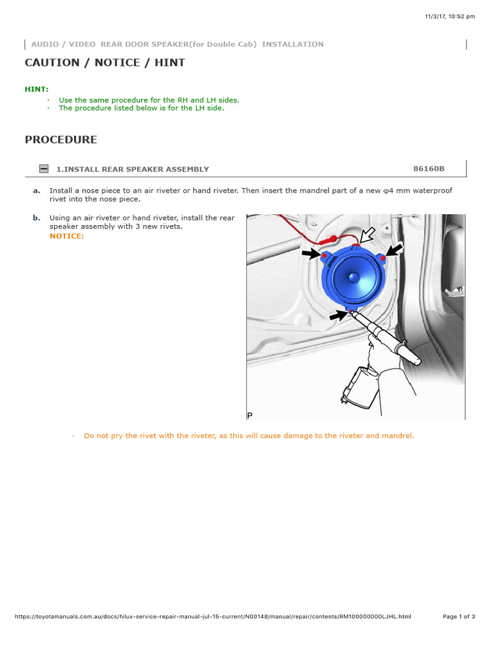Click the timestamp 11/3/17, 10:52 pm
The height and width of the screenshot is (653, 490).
pos(449,17)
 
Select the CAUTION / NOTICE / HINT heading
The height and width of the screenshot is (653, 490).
pos(105,62)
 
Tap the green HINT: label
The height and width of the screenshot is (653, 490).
pos(36,89)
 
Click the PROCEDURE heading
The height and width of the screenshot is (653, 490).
pos(61,140)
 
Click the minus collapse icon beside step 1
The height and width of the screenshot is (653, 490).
pos(43,169)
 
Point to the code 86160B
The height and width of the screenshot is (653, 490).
pos(429,169)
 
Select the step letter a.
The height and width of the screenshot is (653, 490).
pos(36,191)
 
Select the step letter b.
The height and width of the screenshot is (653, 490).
pos(36,218)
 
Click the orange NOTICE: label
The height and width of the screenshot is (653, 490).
pos(66,237)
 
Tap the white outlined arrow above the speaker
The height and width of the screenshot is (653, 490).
pos(367,234)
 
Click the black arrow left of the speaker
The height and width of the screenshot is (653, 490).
pos(311,254)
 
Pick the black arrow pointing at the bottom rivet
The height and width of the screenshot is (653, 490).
pos(338,314)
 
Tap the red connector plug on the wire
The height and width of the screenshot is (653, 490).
pos(330,240)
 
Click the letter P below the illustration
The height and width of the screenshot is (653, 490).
pos(250,416)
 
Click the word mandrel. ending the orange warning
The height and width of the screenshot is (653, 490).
pos(398,436)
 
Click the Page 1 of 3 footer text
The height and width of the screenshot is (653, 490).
pos(459,617)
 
